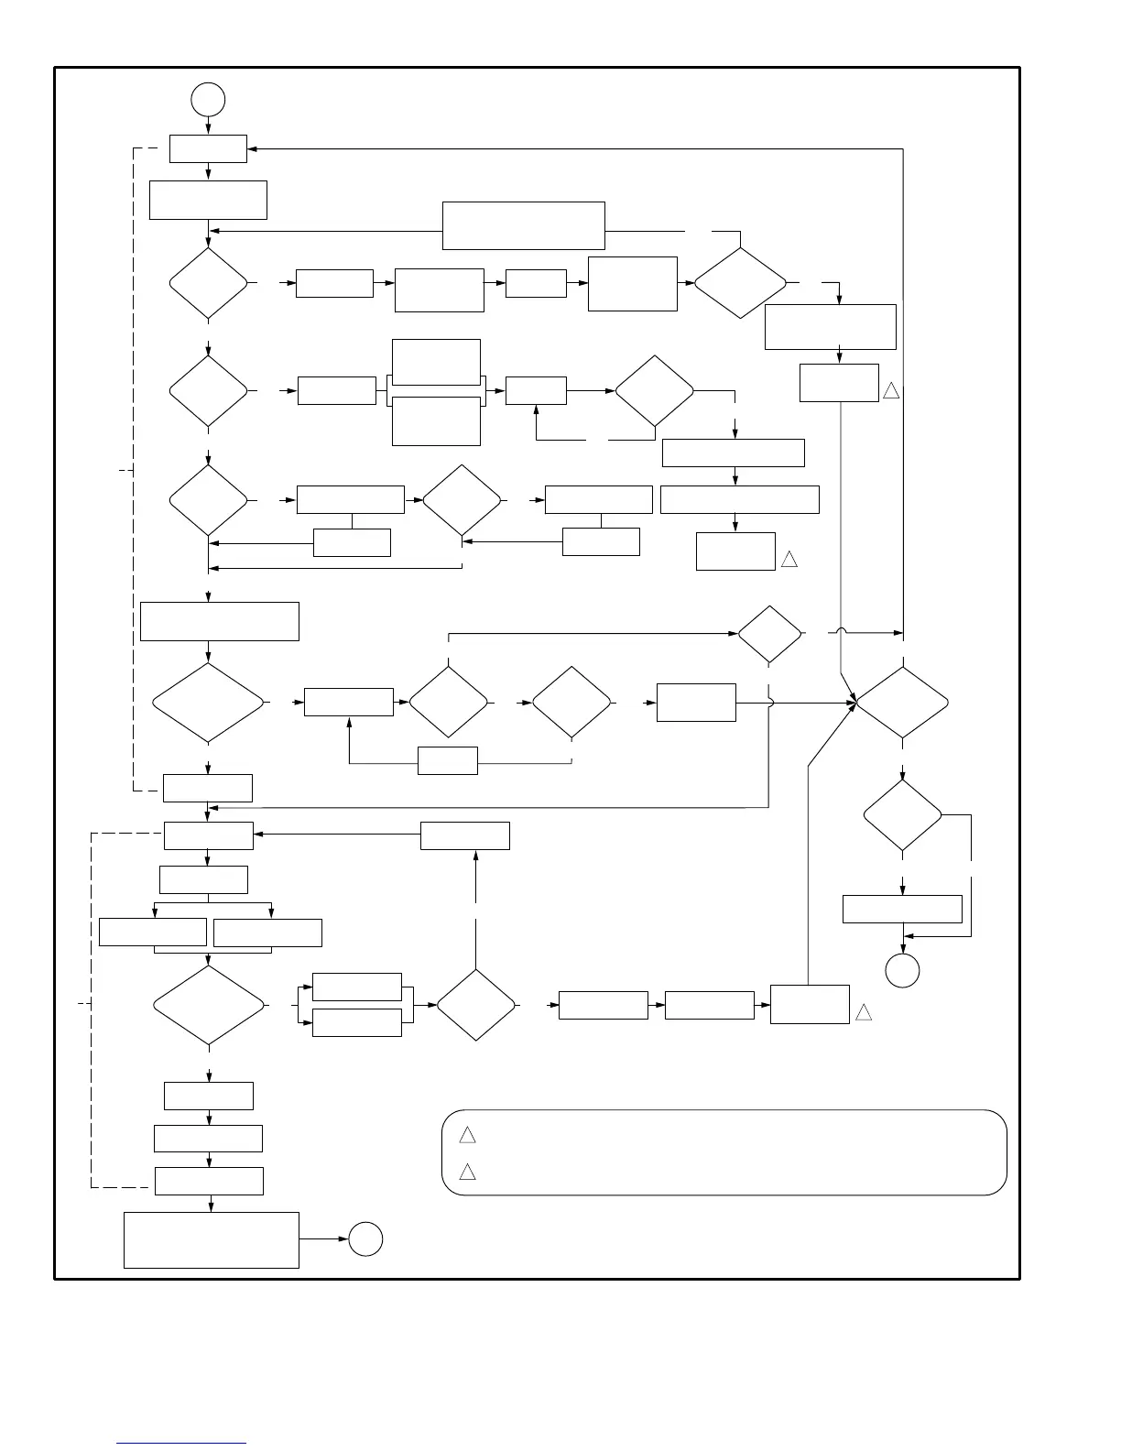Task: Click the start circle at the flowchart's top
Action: click(209, 99)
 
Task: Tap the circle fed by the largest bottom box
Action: click(365, 1239)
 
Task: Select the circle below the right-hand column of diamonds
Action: click(902, 970)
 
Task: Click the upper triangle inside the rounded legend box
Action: click(467, 1136)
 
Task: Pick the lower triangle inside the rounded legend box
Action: click(467, 1172)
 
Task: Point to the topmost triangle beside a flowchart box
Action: click(891, 390)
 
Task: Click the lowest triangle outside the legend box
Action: click(863, 1012)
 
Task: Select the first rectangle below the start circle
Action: click(208, 148)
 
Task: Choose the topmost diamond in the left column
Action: click(209, 284)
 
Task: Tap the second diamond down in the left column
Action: click(209, 391)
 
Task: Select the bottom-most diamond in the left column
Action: click(210, 1006)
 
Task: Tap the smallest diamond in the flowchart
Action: click(770, 633)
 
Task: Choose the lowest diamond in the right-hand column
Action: click(903, 815)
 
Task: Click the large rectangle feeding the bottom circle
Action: click(212, 1240)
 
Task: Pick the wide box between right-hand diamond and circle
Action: click(902, 909)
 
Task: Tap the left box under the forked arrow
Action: click(152, 933)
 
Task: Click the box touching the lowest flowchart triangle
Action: click(810, 1004)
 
